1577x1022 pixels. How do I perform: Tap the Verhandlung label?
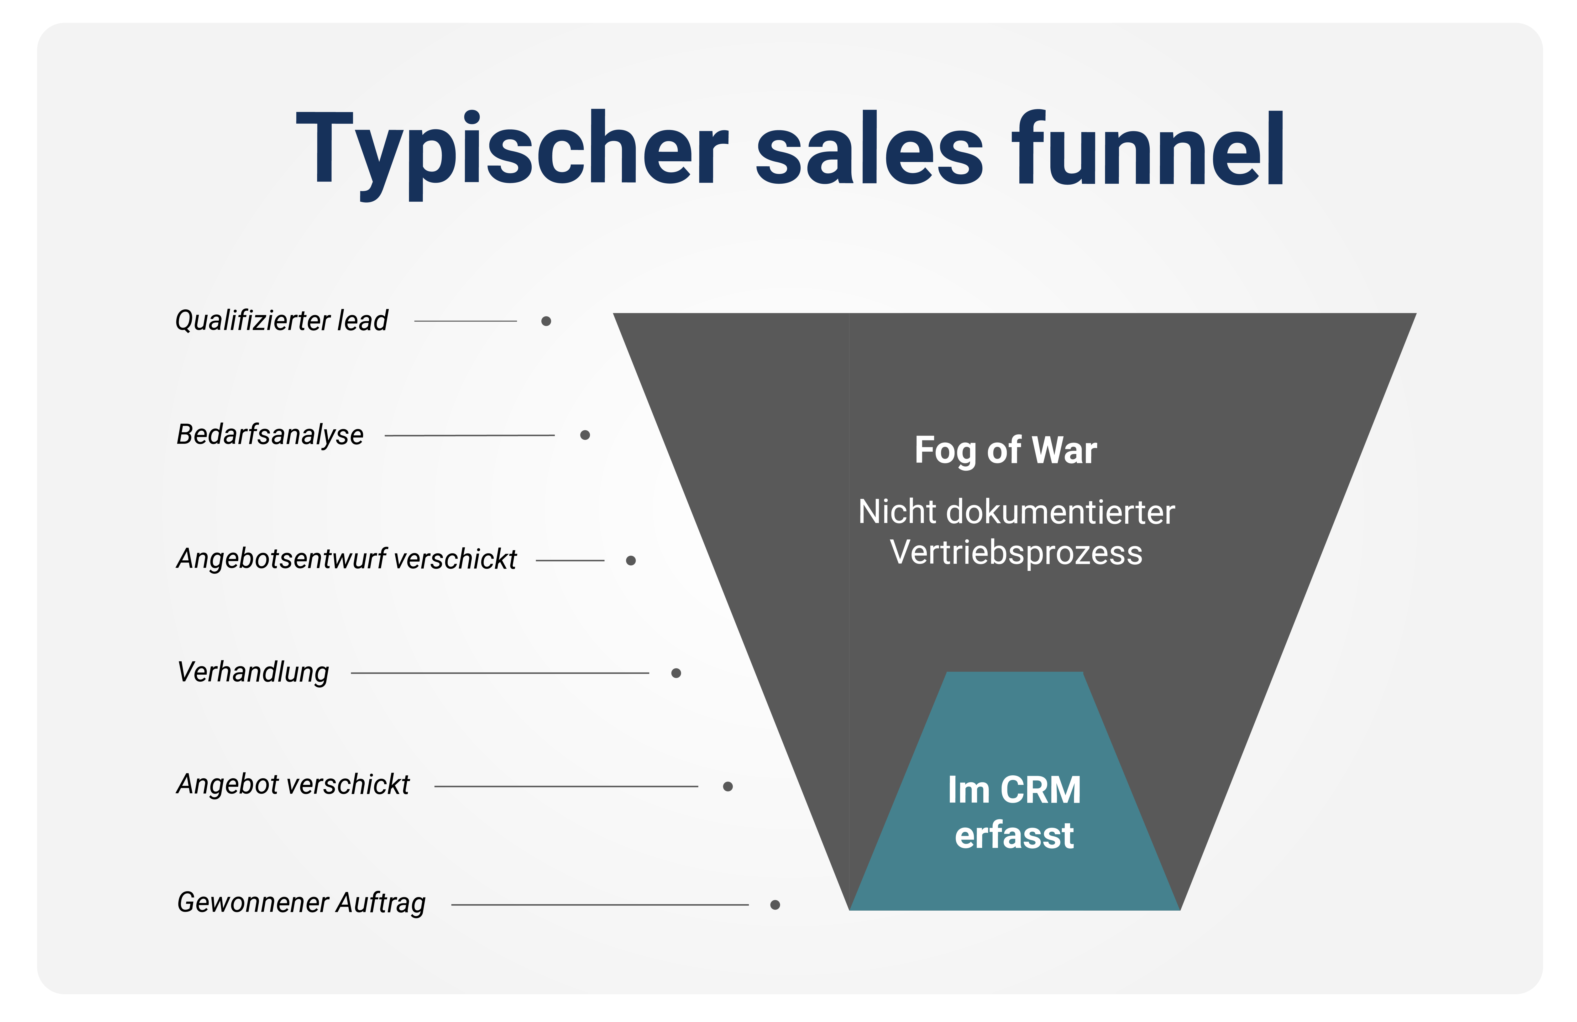tap(253, 672)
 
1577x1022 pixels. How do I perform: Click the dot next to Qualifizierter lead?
tap(546, 321)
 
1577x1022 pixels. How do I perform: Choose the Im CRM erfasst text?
tap(1014, 812)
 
